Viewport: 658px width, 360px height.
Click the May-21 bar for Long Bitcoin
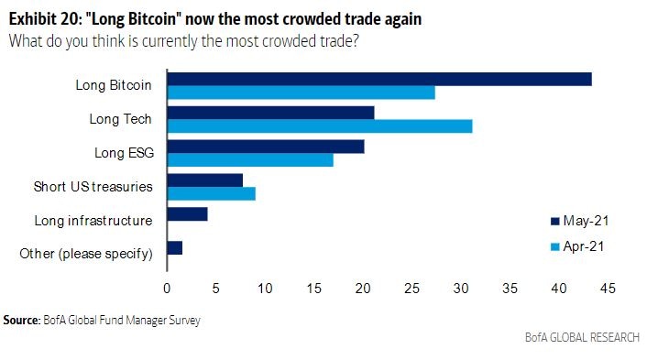(378, 79)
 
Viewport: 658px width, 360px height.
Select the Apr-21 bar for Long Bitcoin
(301, 93)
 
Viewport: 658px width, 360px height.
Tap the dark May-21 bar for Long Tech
(270, 113)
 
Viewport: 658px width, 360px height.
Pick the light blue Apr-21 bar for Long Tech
(319, 126)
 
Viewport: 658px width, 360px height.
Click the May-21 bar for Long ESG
(265, 147)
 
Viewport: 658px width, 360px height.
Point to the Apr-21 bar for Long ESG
(249, 160)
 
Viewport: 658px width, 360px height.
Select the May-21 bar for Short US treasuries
(204, 180)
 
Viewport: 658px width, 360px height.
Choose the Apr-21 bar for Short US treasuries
(211, 194)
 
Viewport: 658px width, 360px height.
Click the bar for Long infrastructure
(187, 214)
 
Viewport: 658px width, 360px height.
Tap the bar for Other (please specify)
(174, 247)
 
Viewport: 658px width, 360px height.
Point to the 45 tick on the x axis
(607, 289)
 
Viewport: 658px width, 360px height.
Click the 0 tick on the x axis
(167, 289)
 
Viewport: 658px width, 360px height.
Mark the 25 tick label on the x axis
(411, 289)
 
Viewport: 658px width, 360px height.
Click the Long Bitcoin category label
(114, 85)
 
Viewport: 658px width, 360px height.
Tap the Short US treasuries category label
(93, 187)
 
